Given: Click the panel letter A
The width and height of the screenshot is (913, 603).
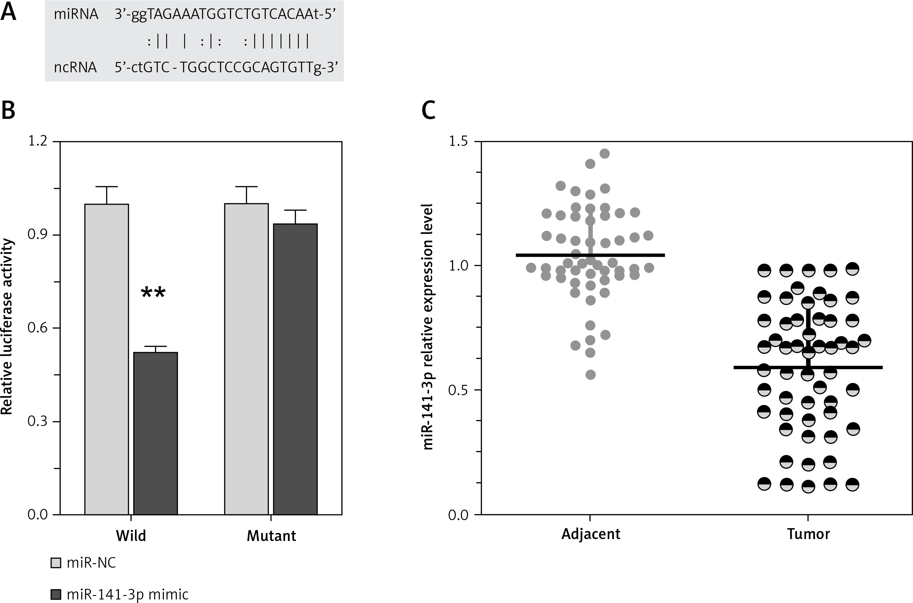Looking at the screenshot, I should pos(8,12).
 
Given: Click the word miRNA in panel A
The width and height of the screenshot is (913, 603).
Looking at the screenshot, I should pos(76,14).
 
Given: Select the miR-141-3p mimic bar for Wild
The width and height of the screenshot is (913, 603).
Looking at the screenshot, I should pos(155,433).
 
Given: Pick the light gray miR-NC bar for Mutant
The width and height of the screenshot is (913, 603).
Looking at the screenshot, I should pos(246,359).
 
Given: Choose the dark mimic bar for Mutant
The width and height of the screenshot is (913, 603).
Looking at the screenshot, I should pos(295,369).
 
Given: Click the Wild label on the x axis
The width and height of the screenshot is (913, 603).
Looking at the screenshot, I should pos(131,536).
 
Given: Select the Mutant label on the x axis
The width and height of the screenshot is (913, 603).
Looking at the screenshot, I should pos(272,536).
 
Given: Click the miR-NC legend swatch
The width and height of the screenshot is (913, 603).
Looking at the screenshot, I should pos(56,563).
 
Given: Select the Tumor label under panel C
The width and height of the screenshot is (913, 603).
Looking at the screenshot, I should pos(808,534).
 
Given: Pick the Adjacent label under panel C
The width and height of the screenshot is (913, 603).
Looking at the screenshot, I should pos(591,534).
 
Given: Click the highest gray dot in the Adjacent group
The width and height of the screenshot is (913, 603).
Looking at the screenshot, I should pos(604,154).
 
